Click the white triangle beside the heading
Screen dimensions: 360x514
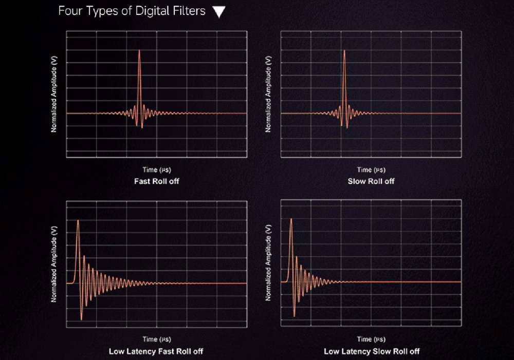click(219, 12)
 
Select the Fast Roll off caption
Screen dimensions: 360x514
click(157, 181)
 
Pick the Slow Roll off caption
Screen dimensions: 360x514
click(371, 181)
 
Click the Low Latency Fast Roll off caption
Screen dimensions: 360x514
click(156, 352)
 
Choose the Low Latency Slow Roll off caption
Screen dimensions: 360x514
click(371, 352)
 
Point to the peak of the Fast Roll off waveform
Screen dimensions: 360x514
click(139, 50)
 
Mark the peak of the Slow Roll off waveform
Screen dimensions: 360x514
click(344, 50)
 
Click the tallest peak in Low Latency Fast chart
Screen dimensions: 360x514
click(78, 220)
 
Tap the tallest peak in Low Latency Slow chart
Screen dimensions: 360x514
click(291, 219)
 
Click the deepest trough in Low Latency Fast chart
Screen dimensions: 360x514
click(81, 319)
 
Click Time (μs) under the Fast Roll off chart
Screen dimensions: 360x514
click(157, 169)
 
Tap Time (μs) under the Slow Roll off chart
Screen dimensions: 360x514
click(371, 169)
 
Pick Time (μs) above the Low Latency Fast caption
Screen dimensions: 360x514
click(157, 339)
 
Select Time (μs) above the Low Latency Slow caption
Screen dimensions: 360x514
click(371, 339)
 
